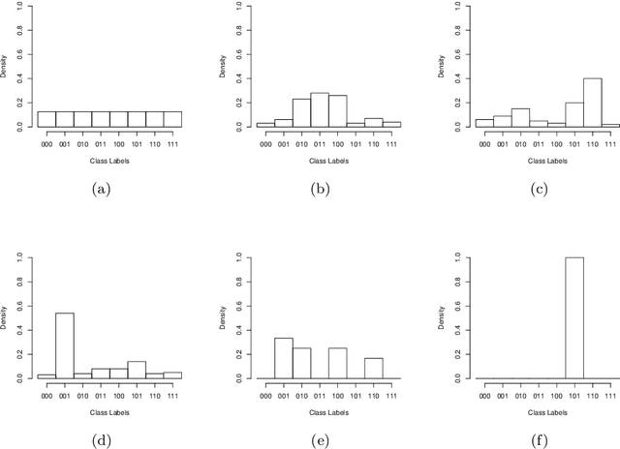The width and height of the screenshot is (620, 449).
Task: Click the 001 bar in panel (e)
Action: click(x=283, y=358)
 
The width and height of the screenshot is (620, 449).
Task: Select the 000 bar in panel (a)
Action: click(x=46, y=119)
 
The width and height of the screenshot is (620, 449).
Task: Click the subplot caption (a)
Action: click(x=100, y=190)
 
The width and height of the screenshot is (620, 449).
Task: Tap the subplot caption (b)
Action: click(x=320, y=190)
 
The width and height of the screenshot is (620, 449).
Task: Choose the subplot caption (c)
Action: click(x=539, y=190)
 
